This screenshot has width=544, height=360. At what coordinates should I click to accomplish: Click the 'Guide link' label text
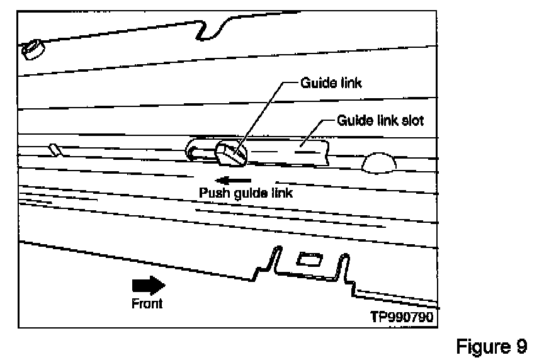pyautogui.click(x=331, y=83)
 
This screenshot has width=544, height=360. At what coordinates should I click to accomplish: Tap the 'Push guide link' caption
pyautogui.click(x=246, y=193)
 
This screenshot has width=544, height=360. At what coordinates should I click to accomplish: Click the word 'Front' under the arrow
pyautogui.click(x=147, y=303)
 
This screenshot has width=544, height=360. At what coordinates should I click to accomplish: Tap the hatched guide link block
pyautogui.click(x=229, y=154)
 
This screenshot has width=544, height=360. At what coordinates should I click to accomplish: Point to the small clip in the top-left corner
pyautogui.click(x=32, y=48)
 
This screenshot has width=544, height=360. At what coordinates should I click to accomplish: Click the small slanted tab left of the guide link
pyautogui.click(x=55, y=149)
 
